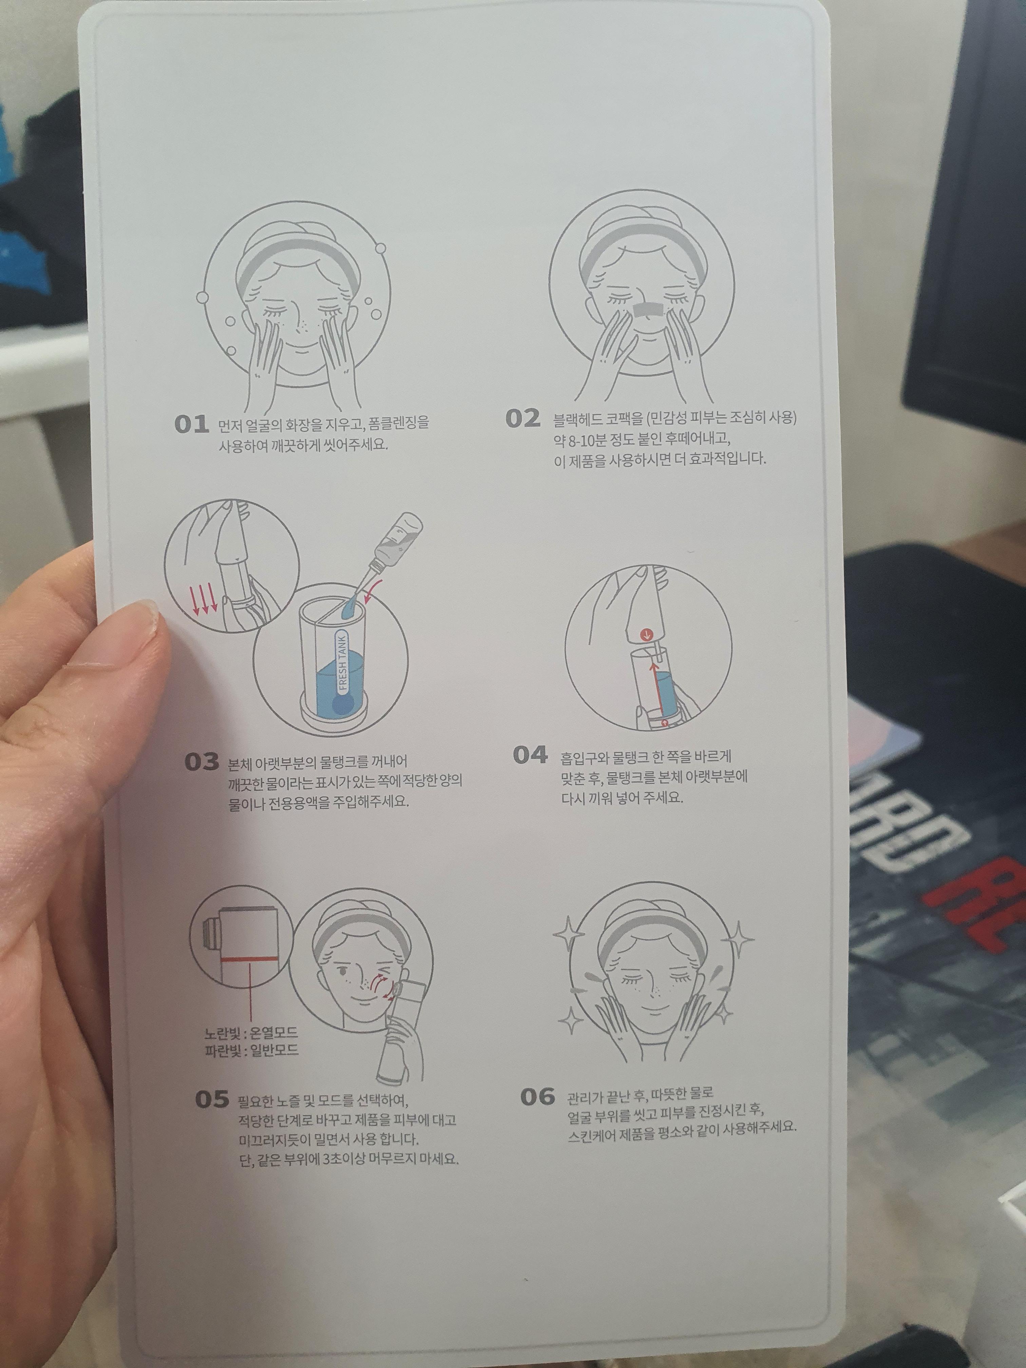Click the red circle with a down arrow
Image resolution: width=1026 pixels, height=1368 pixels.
(x=646, y=634)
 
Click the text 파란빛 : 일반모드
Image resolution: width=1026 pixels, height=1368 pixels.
(x=251, y=1050)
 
